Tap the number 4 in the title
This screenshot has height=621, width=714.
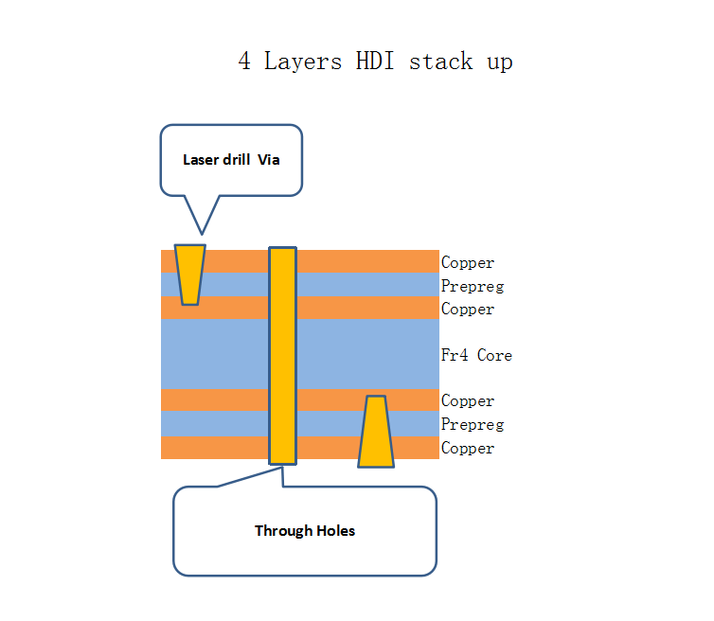click(245, 62)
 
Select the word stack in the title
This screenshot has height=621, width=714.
click(440, 62)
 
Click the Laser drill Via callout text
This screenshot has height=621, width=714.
click(231, 160)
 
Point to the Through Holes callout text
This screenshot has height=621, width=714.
click(305, 531)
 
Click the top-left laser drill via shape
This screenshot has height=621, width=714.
click(190, 275)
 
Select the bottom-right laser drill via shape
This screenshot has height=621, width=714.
click(376, 432)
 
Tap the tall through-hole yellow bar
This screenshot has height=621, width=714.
click(282, 356)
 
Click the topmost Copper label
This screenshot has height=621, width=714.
click(468, 263)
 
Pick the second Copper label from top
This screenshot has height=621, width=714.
click(468, 310)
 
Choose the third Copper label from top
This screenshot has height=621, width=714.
click(468, 401)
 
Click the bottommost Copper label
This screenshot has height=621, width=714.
click(468, 449)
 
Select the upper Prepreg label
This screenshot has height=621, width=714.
click(473, 287)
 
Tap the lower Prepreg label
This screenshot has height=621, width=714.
click(473, 425)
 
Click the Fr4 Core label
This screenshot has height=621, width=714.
click(476, 356)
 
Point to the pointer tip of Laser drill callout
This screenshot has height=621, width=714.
click(202, 233)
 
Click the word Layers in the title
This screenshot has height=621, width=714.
click(305, 62)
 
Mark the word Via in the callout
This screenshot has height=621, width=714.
click(269, 160)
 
